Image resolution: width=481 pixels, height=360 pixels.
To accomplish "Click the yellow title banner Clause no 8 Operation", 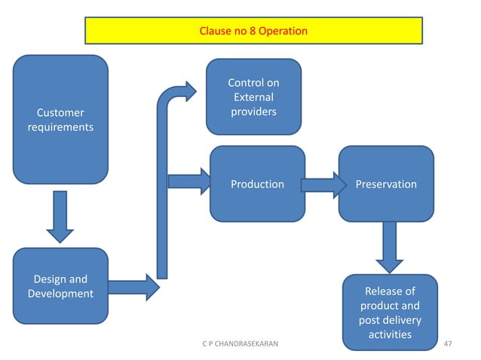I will click(x=253, y=32).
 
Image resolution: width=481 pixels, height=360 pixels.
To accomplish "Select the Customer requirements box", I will click(x=60, y=119).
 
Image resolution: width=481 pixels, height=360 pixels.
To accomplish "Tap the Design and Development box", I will click(x=60, y=286).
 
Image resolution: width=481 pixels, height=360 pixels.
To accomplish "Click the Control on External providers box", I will click(x=254, y=96).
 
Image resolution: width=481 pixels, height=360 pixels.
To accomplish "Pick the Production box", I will click(x=257, y=184).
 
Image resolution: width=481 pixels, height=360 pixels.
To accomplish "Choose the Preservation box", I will click(x=386, y=184).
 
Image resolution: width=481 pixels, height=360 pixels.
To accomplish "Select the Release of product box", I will click(x=389, y=312).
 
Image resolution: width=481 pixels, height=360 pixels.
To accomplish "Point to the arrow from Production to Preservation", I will click(x=318, y=185).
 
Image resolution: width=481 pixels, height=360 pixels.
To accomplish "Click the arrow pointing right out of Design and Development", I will click(x=133, y=286).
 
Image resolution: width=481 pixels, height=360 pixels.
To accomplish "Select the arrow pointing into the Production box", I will click(x=188, y=181).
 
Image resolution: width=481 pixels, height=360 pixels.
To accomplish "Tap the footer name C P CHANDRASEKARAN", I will click(x=240, y=344).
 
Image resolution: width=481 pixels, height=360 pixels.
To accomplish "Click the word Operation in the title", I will click(x=282, y=32).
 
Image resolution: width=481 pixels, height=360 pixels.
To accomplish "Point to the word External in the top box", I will click(x=254, y=97).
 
